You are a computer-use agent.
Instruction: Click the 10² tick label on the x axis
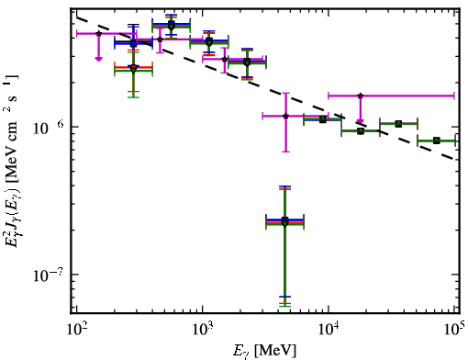(76, 329)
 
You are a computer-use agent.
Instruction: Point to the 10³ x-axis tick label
(202, 329)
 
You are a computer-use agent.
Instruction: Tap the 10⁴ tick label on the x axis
(329, 329)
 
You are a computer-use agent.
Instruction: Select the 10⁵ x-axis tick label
(455, 329)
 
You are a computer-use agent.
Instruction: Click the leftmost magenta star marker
(98, 33)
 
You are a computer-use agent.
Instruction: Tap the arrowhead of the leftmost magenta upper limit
(98, 59)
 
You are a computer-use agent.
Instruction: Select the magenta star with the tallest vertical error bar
(285, 116)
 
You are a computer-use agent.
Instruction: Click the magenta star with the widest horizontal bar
(361, 96)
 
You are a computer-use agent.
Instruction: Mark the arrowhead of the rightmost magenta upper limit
(361, 121)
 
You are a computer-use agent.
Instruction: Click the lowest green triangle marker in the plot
(284, 223)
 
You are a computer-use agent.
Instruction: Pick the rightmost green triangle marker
(437, 141)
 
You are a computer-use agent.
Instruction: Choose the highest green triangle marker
(172, 27)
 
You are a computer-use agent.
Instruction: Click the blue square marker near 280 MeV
(133, 43)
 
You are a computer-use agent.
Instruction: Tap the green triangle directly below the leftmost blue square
(133, 70)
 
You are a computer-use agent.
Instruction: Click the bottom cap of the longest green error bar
(284, 306)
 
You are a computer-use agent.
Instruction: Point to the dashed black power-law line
(265, 88)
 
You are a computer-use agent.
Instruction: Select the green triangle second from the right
(398, 124)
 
